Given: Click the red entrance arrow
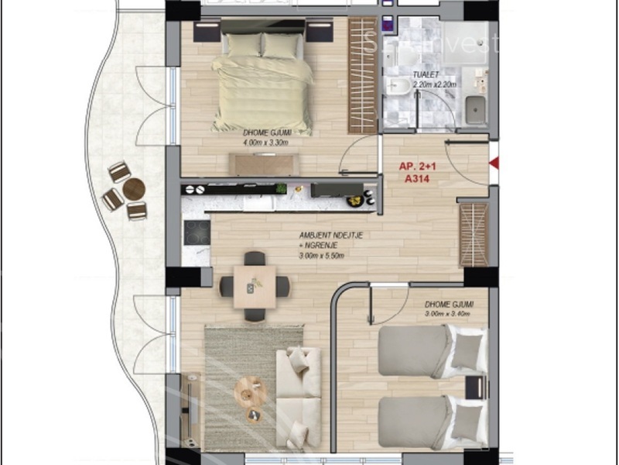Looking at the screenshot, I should coord(496,163).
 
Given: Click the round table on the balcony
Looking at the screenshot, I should coord(134,188).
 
